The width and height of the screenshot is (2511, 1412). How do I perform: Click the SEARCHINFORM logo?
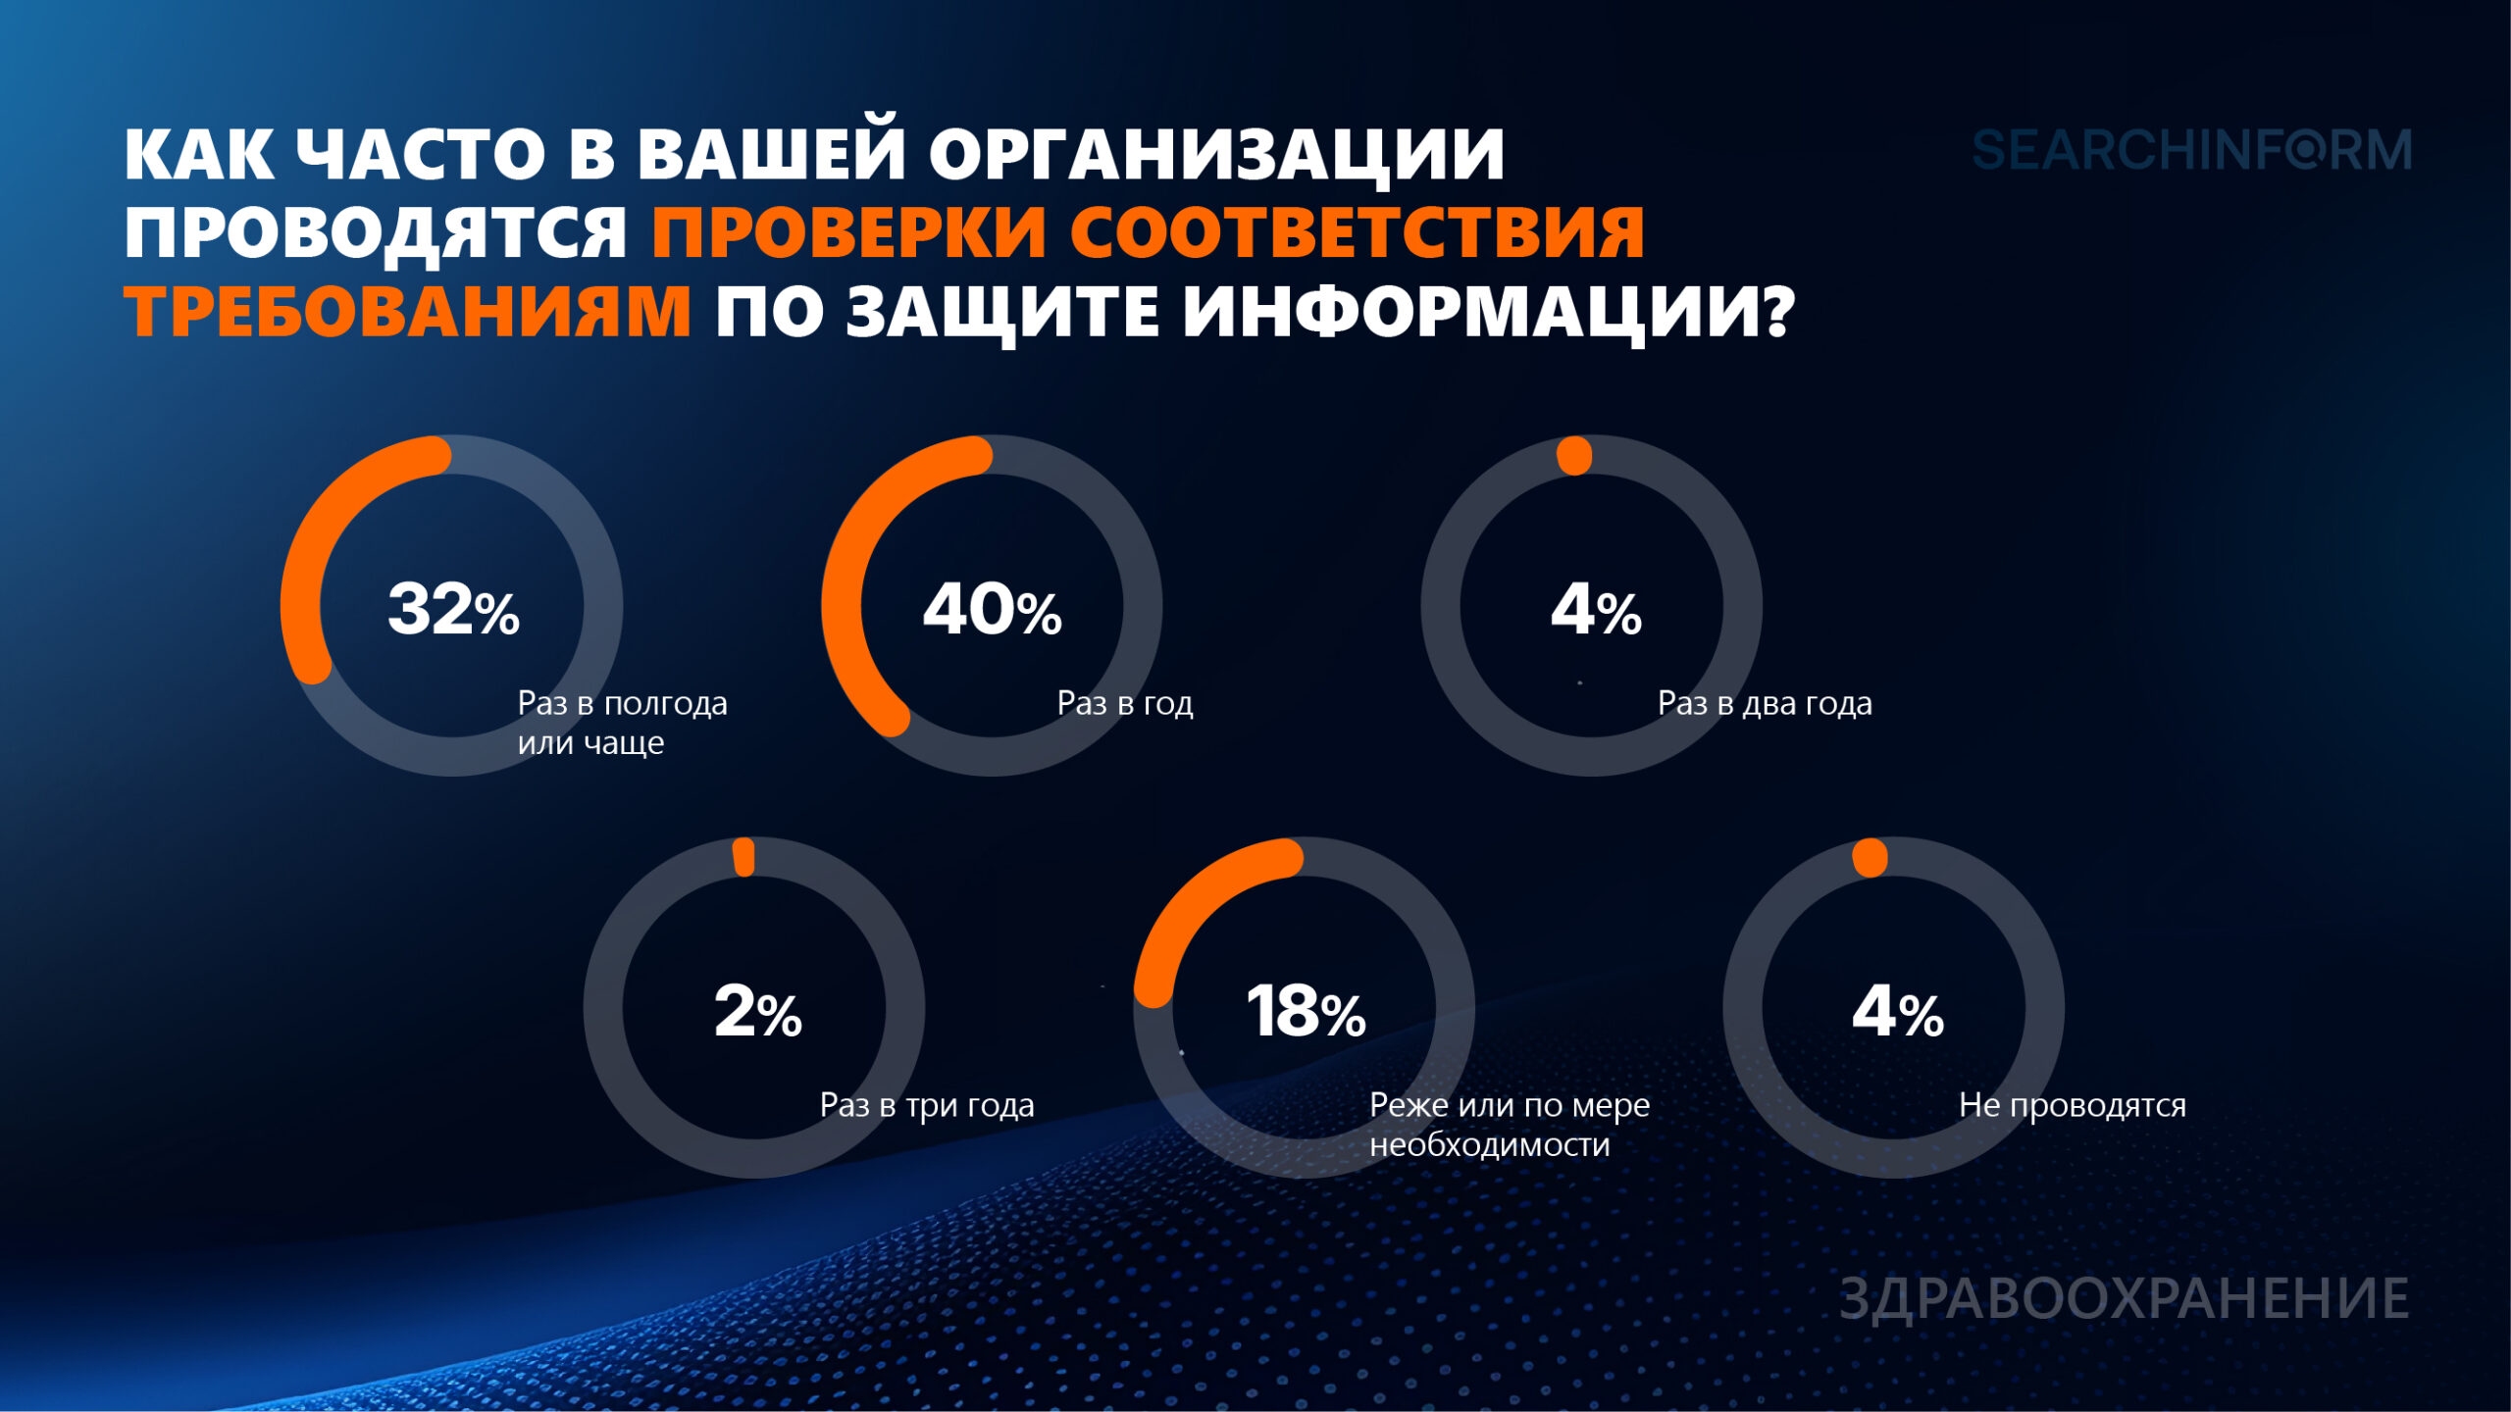(x=2191, y=151)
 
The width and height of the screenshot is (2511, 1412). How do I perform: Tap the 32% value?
(x=453, y=609)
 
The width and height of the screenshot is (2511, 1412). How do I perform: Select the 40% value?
(x=992, y=609)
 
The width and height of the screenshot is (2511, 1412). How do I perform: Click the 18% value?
(x=1306, y=1011)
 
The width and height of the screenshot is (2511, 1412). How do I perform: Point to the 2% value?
(x=758, y=1011)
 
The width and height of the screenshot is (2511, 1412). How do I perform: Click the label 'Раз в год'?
(x=1125, y=703)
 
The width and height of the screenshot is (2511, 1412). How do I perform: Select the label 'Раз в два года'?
(x=1765, y=703)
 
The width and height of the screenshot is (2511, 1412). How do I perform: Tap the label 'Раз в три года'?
(x=927, y=1105)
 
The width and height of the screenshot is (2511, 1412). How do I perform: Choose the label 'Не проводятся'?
(x=2073, y=1105)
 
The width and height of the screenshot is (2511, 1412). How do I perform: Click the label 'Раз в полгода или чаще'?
(x=622, y=723)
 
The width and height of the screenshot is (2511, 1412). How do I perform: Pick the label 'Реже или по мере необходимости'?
(x=1510, y=1125)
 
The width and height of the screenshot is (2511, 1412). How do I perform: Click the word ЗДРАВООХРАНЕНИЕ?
(x=2125, y=1298)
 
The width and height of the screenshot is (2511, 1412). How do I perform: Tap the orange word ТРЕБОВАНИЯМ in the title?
(x=408, y=311)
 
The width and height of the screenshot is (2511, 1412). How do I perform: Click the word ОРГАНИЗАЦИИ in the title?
(x=1216, y=155)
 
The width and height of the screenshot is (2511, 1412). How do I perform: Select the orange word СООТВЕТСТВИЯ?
(x=1357, y=232)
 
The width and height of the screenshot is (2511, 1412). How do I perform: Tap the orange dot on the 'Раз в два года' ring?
(x=1574, y=456)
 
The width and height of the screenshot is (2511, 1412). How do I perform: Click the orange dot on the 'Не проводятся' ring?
(x=1870, y=858)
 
